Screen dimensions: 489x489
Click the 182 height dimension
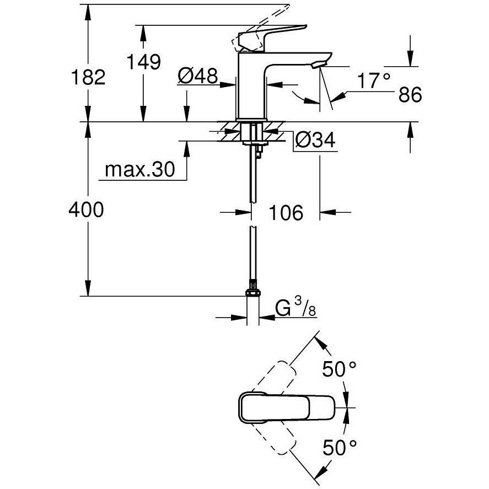click(x=88, y=77)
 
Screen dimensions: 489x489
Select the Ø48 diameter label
click(x=198, y=76)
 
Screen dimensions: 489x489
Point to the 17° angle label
click(x=374, y=81)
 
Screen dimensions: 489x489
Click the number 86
click(x=410, y=94)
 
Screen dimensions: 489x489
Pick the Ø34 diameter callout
click(x=315, y=139)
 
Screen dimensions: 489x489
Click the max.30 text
click(x=140, y=170)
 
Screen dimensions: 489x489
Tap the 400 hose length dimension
click(x=86, y=209)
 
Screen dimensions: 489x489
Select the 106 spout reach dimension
click(x=286, y=213)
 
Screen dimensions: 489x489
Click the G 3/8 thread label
click(x=295, y=307)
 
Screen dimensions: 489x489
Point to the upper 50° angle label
click(x=339, y=369)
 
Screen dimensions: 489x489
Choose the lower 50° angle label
click(x=339, y=448)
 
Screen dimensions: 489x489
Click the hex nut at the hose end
click(x=253, y=293)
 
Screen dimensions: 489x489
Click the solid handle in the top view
click(x=287, y=407)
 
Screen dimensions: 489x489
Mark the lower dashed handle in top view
click(x=274, y=438)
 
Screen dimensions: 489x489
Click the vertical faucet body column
click(x=251, y=86)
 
